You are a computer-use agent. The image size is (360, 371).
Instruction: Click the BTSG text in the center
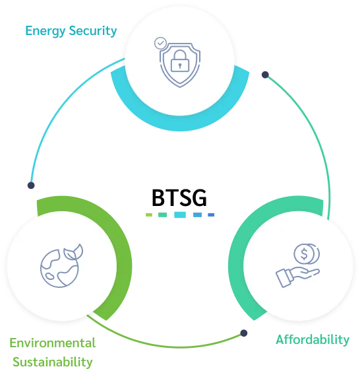tap(179, 198)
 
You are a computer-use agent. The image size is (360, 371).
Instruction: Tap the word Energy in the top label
tap(45, 31)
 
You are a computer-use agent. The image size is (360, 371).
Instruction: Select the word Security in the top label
tap(93, 31)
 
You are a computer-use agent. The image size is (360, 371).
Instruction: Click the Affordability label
tap(313, 340)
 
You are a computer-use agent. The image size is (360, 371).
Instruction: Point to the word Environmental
tap(53, 343)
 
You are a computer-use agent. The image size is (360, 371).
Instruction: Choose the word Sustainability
tap(53, 362)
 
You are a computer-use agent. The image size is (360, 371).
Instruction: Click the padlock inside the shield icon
tap(180, 61)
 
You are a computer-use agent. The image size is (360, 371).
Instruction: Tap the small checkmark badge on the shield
tap(160, 43)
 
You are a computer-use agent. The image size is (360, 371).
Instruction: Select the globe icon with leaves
tap(61, 265)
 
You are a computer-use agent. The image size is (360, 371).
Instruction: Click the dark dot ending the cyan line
tap(31, 185)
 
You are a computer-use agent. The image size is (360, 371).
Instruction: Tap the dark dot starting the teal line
tap(265, 75)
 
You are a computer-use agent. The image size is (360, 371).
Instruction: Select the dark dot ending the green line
tap(244, 333)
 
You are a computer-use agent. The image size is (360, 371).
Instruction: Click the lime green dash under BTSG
tap(149, 215)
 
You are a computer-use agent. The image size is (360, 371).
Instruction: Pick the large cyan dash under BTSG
tap(180, 215)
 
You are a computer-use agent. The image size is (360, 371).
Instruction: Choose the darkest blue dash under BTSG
tap(211, 215)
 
